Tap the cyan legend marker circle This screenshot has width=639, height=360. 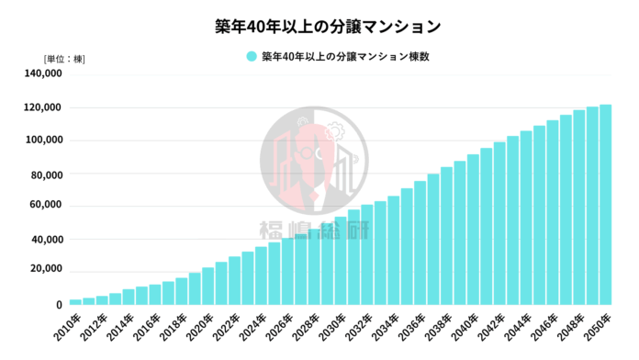coord(251,57)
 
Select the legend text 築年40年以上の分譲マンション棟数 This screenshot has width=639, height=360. coord(346,57)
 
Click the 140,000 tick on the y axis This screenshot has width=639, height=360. coord(42,74)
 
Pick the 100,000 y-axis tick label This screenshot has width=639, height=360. coord(42,141)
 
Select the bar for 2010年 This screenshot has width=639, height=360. coord(75,302)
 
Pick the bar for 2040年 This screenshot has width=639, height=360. coord(473,230)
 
